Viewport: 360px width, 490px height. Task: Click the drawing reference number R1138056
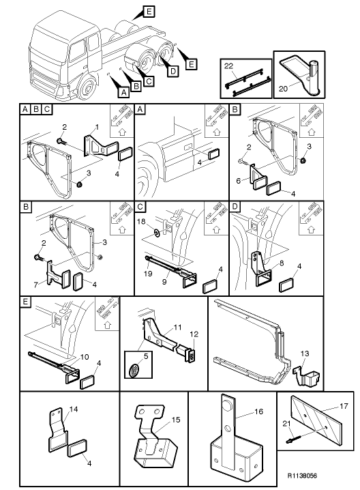(x=302, y=476)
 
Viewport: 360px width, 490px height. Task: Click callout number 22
(x=228, y=66)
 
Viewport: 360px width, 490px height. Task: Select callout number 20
(x=283, y=89)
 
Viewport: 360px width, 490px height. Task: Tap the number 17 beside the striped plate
(x=344, y=406)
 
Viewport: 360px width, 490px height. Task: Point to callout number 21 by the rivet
(x=286, y=423)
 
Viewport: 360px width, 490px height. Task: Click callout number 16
(x=259, y=412)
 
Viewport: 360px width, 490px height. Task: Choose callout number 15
(x=176, y=420)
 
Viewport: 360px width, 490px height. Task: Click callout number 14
(x=74, y=409)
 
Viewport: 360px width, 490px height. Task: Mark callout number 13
(x=305, y=354)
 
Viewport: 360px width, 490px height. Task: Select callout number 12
(x=194, y=334)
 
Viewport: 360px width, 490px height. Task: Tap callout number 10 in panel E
(x=85, y=357)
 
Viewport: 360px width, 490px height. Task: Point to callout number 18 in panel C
(x=141, y=221)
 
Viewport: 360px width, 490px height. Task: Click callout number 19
(x=148, y=274)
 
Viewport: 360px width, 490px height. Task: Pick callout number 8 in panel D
(x=282, y=263)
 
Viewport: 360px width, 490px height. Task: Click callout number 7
(x=36, y=285)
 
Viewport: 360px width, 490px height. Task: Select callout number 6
(x=239, y=181)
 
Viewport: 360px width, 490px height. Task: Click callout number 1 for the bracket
(x=97, y=127)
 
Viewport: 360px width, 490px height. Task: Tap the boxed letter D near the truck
(x=172, y=71)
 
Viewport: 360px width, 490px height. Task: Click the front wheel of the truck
(x=87, y=87)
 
